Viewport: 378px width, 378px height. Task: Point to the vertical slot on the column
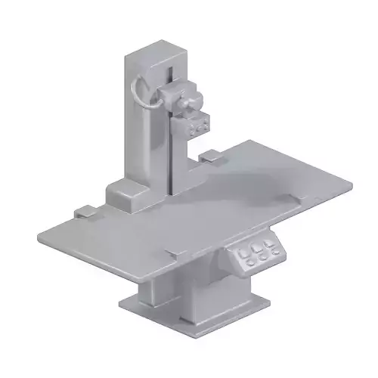(x=172, y=129)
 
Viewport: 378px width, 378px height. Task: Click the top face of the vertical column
(x=156, y=51)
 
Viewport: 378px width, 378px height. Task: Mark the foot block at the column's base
(x=131, y=195)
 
